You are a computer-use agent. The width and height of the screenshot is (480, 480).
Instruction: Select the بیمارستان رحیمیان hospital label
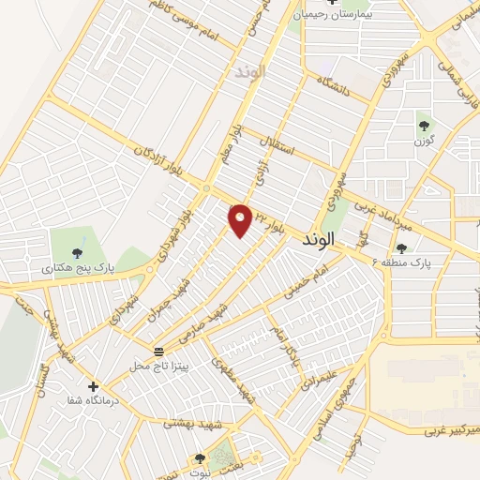[x=335, y=15]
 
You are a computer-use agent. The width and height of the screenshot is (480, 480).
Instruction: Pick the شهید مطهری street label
[x=237, y=381]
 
